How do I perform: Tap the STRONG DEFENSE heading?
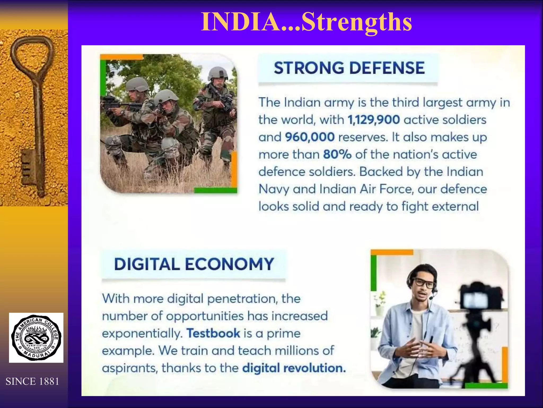(349, 68)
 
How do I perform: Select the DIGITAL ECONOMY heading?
(194, 264)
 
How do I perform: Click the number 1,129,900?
(374, 120)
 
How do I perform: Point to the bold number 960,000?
(310, 137)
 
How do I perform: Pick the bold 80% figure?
(337, 155)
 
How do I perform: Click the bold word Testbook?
(213, 333)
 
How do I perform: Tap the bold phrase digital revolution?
(294, 368)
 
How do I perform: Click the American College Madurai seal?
(36, 338)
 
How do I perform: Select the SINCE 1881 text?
(32, 381)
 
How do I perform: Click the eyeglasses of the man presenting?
(424, 283)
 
